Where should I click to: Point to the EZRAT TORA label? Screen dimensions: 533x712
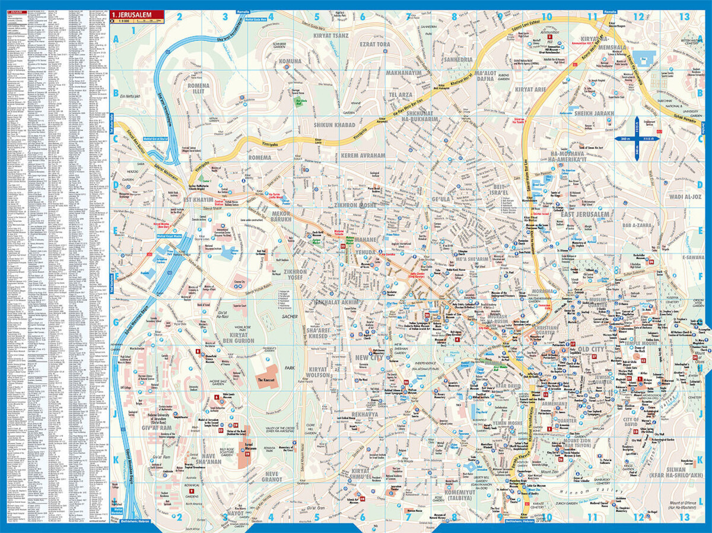375,45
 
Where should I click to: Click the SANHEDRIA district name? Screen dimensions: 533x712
457,61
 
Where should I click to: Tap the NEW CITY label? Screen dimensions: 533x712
370,357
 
